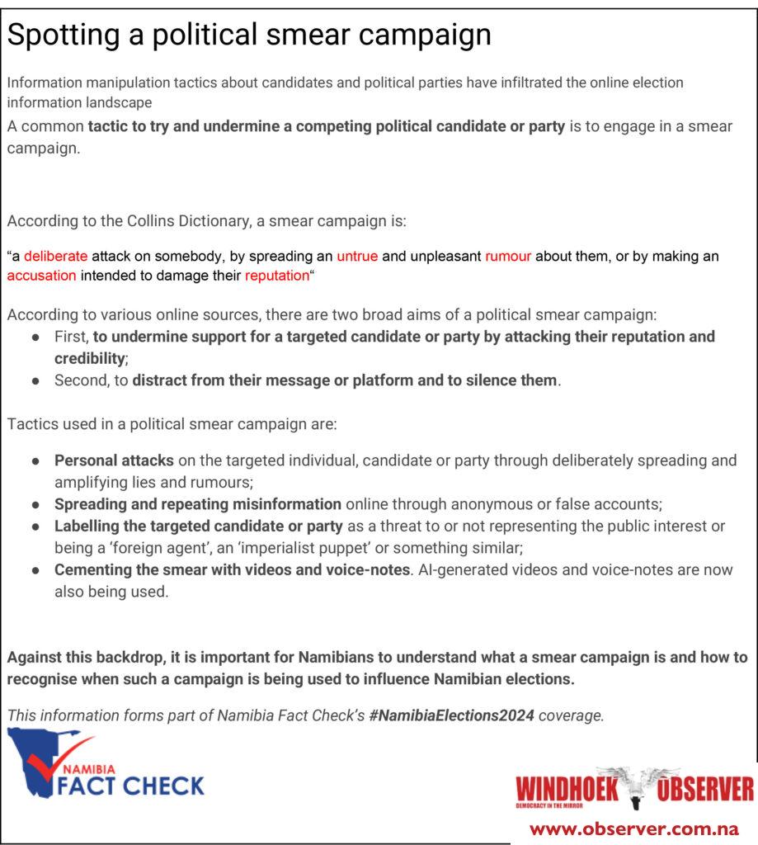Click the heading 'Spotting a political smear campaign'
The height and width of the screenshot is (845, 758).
click(249, 35)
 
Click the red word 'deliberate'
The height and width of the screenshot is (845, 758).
click(55, 257)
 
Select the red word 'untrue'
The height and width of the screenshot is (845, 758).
click(357, 257)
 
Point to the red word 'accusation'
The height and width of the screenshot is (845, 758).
click(41, 276)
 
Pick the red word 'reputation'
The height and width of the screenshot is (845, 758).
click(276, 276)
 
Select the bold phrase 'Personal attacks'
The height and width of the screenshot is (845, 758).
click(114, 460)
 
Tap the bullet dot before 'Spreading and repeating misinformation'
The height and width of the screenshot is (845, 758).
click(36, 504)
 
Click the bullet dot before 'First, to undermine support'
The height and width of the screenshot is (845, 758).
click(36, 338)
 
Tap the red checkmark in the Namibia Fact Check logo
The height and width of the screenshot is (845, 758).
click(55, 758)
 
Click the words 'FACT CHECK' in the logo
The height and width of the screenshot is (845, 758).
click(130, 785)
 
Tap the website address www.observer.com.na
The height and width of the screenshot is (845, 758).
click(633, 828)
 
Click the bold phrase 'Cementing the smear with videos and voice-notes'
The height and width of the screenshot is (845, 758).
click(232, 569)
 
